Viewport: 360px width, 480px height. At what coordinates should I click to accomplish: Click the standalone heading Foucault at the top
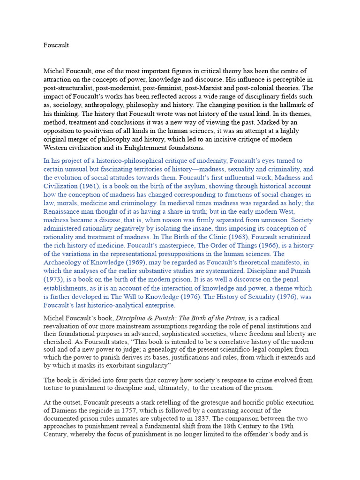56,45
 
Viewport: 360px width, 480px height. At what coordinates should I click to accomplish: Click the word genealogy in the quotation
134,350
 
